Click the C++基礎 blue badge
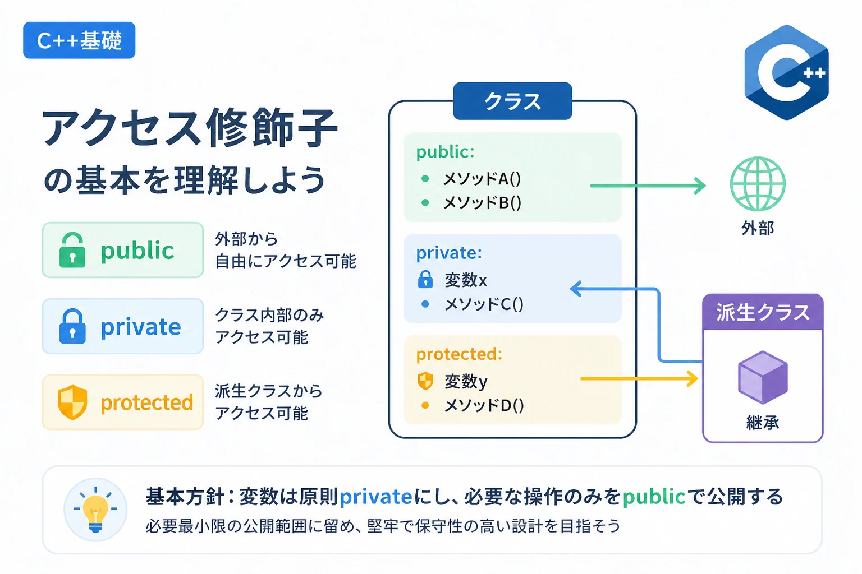coord(79,40)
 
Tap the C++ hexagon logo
coord(787,72)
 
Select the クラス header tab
coord(512,101)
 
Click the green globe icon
coord(758,184)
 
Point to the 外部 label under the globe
coord(758,228)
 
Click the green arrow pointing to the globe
coord(648,186)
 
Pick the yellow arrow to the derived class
coord(639,379)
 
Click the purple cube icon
coord(763,377)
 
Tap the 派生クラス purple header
coord(763,312)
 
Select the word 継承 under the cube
coord(763,423)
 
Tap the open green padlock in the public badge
coord(72,250)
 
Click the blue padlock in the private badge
coord(72,326)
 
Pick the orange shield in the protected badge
coord(72,402)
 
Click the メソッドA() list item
coord(482,179)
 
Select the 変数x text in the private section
coord(466,280)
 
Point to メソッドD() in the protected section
coord(484,405)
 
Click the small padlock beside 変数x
coord(425,279)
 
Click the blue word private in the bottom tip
coord(375,496)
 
